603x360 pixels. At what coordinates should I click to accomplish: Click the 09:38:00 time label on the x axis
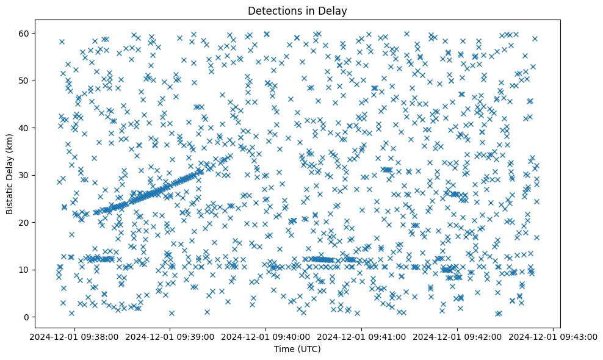click(x=74, y=336)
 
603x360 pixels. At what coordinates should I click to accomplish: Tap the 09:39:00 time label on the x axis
click(x=170, y=336)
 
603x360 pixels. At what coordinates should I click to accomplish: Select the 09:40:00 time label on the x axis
click(x=266, y=336)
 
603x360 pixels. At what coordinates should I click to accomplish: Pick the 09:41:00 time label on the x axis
click(x=362, y=336)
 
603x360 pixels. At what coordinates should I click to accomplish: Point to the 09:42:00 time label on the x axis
click(x=458, y=336)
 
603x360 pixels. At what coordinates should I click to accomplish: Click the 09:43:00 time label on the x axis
click(x=554, y=336)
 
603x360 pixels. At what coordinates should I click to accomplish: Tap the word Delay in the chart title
click(x=334, y=10)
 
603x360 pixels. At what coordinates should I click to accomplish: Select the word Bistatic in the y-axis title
click(x=10, y=195)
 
